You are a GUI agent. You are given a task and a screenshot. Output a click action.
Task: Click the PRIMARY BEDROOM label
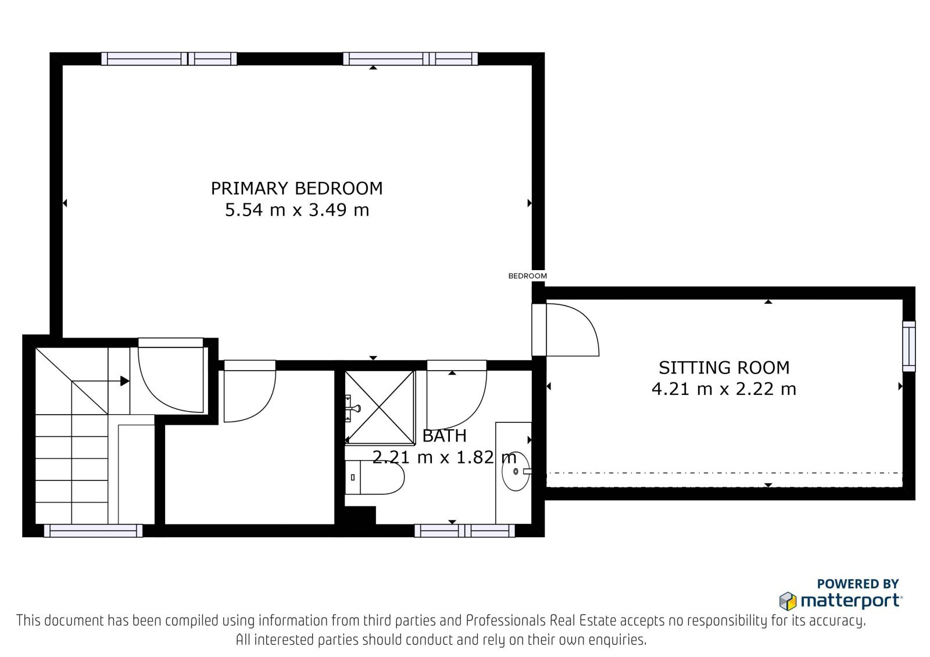[296, 188]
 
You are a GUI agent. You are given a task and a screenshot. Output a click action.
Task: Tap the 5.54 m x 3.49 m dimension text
[297, 210]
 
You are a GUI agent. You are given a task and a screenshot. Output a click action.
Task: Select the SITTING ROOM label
[724, 368]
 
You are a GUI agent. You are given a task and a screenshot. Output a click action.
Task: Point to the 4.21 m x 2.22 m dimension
[724, 389]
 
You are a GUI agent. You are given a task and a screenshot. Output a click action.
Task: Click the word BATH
[444, 436]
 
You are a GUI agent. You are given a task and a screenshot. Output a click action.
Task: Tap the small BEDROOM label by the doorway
[527, 275]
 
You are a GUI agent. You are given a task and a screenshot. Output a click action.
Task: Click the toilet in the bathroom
[374, 478]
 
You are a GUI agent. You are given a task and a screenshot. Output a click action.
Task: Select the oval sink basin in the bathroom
[516, 472]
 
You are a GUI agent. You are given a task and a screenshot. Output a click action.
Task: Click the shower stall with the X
[380, 407]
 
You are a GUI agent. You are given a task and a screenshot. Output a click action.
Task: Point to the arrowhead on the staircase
[124, 381]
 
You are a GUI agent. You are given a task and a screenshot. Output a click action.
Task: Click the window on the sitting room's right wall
[909, 346]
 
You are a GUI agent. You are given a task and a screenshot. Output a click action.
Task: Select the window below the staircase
[93, 530]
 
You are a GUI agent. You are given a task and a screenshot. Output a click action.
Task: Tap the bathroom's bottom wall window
[464, 530]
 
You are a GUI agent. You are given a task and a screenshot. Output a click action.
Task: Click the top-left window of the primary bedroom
[169, 59]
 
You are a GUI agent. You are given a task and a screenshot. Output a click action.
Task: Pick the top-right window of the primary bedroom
[410, 59]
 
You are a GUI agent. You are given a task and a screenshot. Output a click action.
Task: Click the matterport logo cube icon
[788, 601]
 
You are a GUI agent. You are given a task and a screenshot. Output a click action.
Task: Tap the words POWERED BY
[858, 584]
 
